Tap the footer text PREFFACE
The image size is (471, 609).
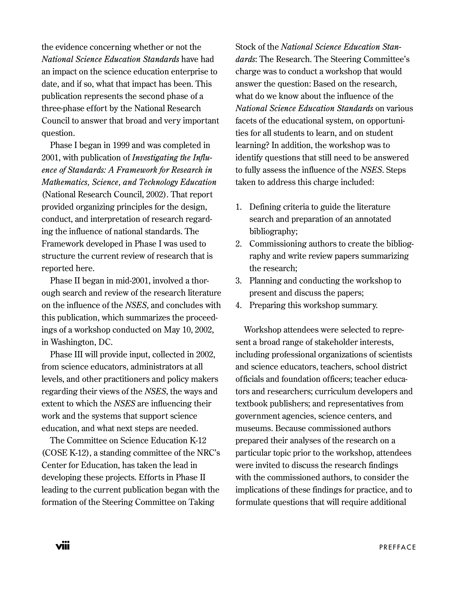(x=397, y=547)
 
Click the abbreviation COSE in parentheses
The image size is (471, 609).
(x=54, y=453)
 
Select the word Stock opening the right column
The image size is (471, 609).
(x=245, y=47)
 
